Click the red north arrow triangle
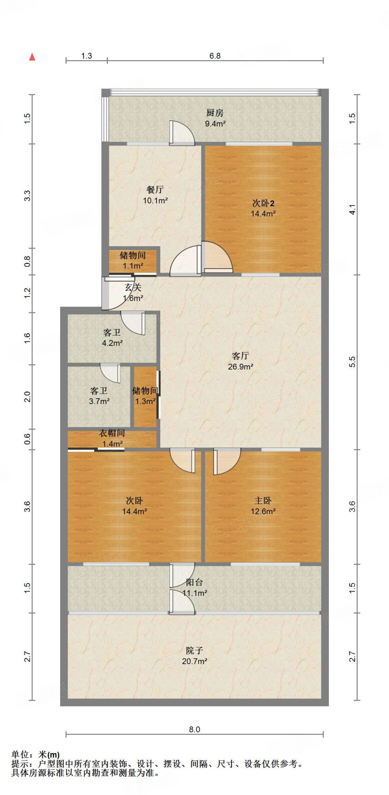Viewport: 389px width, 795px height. point(33,57)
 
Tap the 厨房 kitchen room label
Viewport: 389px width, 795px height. point(215,113)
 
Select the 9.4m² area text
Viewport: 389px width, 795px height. point(215,124)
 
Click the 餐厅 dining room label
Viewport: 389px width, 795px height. point(155,190)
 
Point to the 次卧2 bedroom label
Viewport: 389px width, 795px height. point(263,203)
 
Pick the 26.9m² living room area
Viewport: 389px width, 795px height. point(240,366)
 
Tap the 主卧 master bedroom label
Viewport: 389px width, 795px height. point(263,501)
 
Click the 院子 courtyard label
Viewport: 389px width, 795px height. point(194,650)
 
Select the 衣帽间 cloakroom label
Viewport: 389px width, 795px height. point(112,433)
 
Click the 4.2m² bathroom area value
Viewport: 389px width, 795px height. point(112,343)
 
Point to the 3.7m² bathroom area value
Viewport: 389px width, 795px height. point(99,401)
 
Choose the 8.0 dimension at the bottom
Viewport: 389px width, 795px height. point(194,729)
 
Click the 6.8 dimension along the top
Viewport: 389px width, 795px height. point(215,56)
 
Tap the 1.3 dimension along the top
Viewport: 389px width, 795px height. point(86,56)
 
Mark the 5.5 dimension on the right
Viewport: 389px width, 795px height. point(352,362)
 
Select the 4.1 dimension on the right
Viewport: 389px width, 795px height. point(352,210)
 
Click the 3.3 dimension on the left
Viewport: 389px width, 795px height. point(27,196)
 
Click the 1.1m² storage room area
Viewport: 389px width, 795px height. point(133,266)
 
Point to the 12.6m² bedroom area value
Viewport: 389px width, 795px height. point(263,512)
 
